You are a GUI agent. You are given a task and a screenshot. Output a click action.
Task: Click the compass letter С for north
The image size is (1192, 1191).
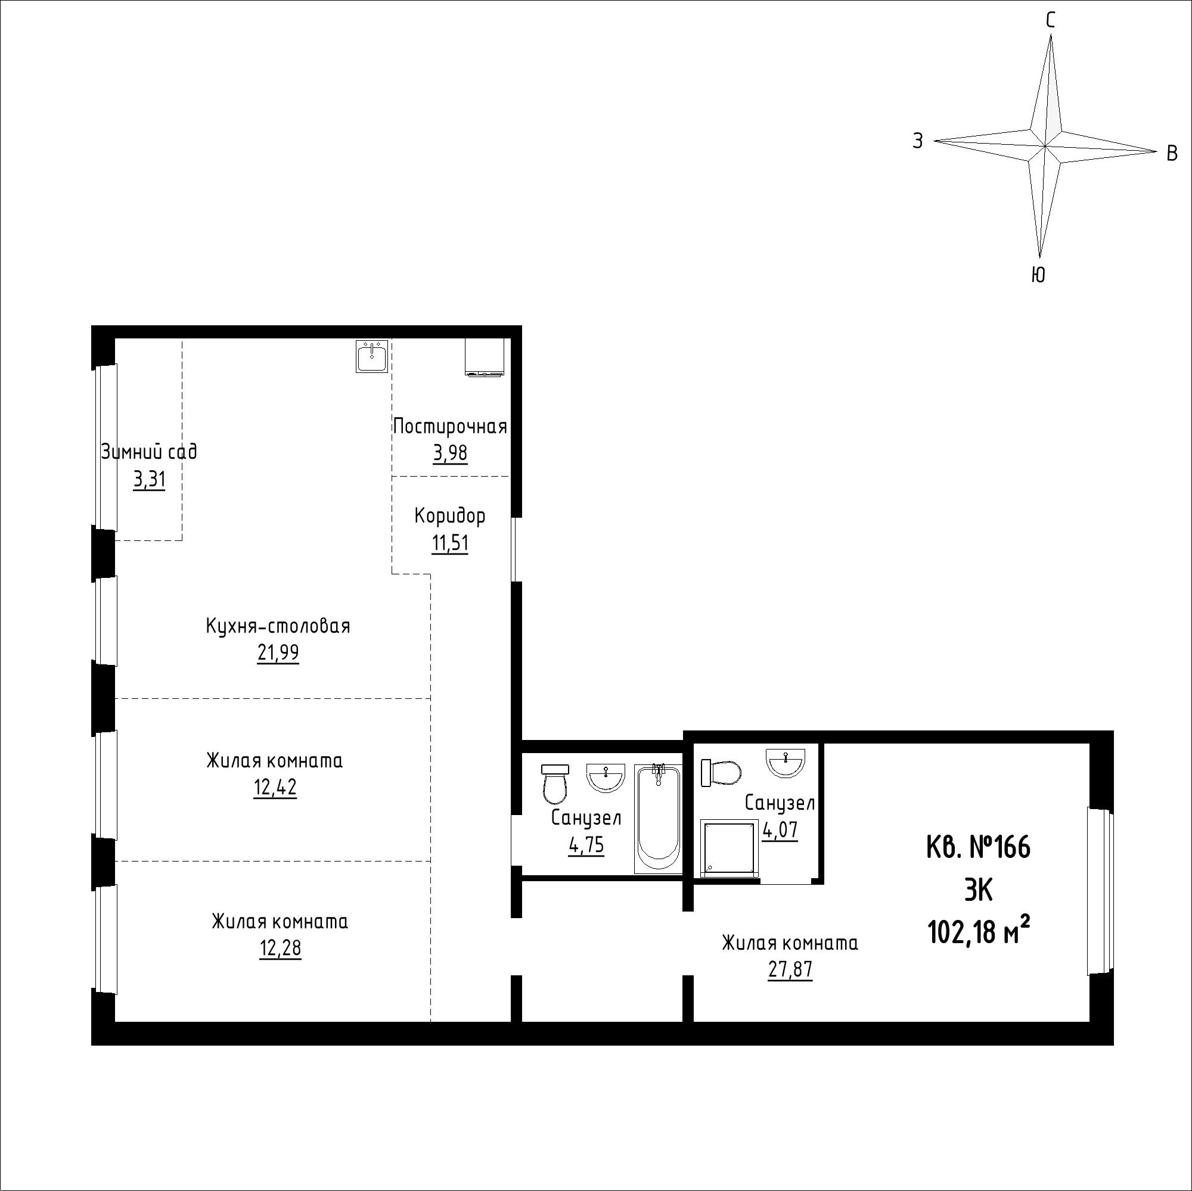click(1050, 21)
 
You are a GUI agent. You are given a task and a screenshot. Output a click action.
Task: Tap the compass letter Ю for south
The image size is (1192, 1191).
click(1038, 275)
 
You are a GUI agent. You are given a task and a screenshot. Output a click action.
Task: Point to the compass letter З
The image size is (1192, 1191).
click(918, 141)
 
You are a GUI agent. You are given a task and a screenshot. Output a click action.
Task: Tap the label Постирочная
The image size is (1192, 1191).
click(450, 426)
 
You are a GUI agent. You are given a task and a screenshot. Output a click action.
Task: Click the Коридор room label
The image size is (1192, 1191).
click(450, 515)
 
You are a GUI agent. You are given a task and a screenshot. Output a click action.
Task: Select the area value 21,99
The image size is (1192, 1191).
click(278, 652)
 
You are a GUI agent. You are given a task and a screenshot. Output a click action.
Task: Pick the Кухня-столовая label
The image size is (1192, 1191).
click(278, 626)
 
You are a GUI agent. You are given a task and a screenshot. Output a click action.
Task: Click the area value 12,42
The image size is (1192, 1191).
click(275, 788)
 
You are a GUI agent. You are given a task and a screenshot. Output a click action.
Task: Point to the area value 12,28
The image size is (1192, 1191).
click(281, 948)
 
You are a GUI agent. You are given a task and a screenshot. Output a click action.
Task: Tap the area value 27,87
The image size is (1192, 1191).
click(790, 969)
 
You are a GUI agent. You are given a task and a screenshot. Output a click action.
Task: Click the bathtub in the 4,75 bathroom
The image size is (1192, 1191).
click(659, 819)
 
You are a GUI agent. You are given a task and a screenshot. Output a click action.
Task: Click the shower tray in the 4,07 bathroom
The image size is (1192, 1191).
click(730, 848)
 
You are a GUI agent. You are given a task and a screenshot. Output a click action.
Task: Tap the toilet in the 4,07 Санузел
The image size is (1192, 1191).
click(721, 773)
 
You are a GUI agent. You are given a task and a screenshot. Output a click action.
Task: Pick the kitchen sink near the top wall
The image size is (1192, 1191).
click(372, 356)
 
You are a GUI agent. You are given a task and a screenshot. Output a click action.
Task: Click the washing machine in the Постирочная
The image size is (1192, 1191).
click(485, 356)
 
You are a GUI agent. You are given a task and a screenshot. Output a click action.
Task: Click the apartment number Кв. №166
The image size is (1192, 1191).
click(979, 848)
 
